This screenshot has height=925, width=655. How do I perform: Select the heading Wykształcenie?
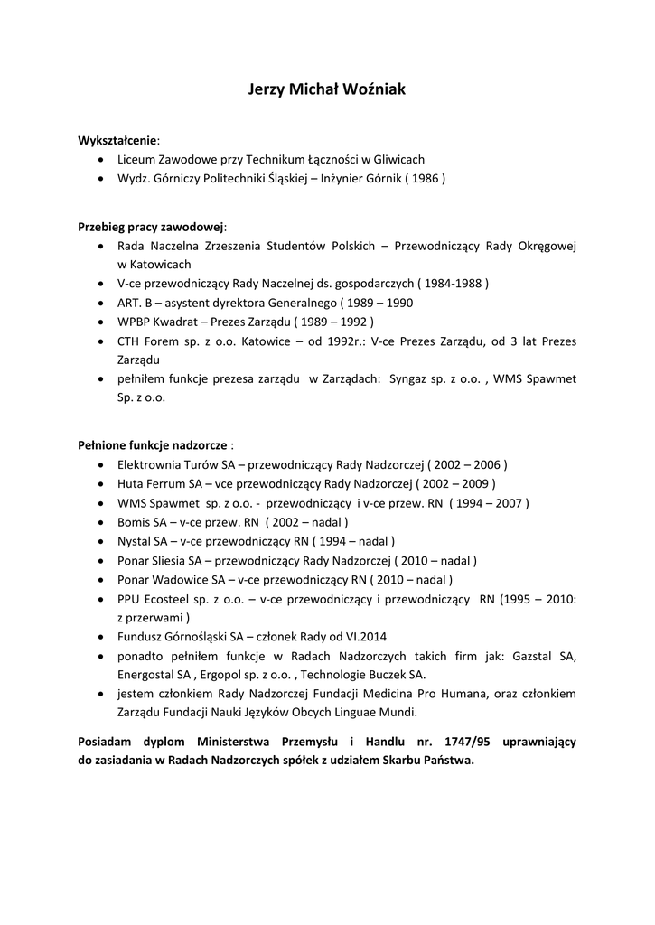click(117, 141)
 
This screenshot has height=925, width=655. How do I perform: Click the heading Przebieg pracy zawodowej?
click(151, 227)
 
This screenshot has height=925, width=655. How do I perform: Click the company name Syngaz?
click(408, 378)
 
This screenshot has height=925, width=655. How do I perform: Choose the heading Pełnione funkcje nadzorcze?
click(152, 445)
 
